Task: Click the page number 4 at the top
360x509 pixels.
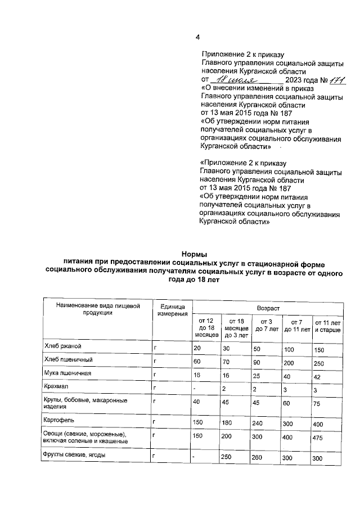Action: coord(197,38)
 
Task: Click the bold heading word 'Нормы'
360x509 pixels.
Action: coord(194,254)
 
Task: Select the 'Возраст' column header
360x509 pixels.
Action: coord(267,309)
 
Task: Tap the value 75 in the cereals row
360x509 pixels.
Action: coord(317,403)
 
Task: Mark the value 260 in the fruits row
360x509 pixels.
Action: coord(258,457)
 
